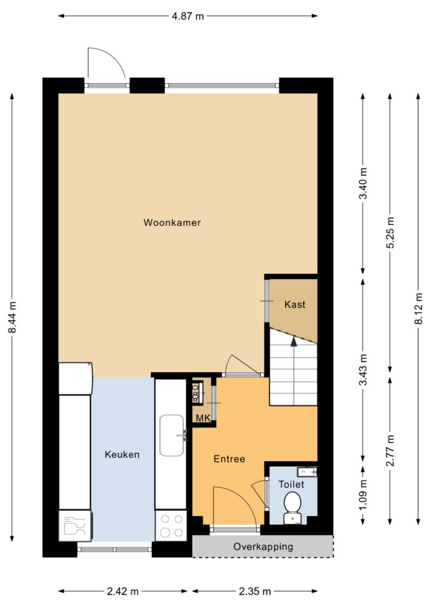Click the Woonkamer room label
172,223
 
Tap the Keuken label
122,455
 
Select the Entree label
229,459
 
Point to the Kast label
295,305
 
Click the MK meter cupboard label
203,418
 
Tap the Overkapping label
263,547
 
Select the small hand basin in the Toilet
307,472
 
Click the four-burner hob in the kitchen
171,525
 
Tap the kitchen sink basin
172,436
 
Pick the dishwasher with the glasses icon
75,526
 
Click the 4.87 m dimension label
188,16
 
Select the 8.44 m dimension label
13,317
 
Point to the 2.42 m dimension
123,592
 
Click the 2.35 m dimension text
255,592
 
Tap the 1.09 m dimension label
363,495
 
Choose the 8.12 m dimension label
418,308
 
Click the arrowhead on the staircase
293,341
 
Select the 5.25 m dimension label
390,232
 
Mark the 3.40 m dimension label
363,184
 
